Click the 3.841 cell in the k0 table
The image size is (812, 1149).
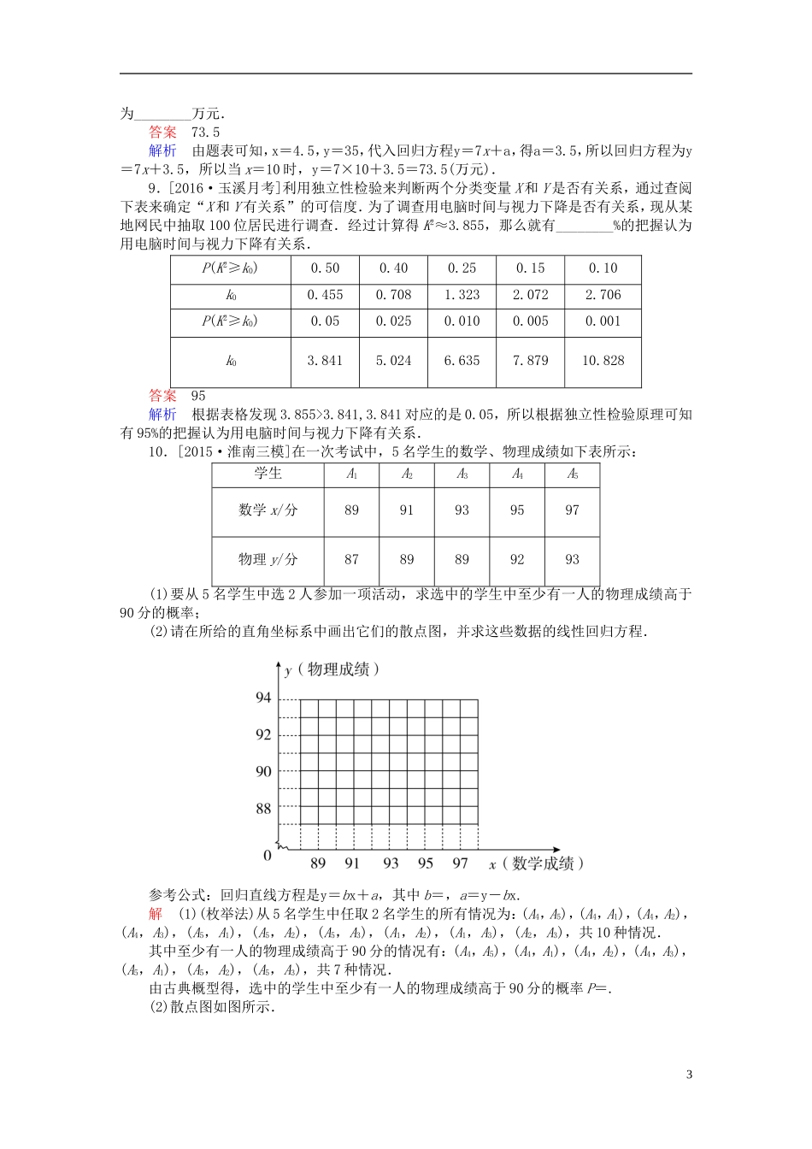pyautogui.click(x=325, y=361)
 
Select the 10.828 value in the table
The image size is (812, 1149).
pyautogui.click(x=603, y=361)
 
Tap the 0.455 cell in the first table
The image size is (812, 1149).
pyautogui.click(x=325, y=295)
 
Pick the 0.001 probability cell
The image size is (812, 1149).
pyautogui.click(x=603, y=321)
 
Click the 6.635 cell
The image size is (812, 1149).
pyautogui.click(x=462, y=361)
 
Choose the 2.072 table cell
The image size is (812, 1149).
pyautogui.click(x=530, y=295)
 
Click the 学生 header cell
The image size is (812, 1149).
pyautogui.click(x=268, y=474)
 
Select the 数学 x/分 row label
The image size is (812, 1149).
pyautogui.click(x=268, y=510)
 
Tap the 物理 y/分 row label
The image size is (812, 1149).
pyautogui.click(x=268, y=560)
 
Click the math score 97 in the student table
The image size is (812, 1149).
pyautogui.click(x=572, y=510)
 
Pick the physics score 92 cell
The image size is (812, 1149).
pyautogui.click(x=517, y=560)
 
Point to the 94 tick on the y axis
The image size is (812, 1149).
pyautogui.click(x=263, y=698)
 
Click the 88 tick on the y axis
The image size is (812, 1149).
pyautogui.click(x=263, y=808)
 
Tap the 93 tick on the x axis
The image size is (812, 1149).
pyautogui.click(x=391, y=863)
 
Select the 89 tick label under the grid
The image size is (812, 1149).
pyautogui.click(x=318, y=863)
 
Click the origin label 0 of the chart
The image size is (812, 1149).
pyautogui.click(x=268, y=855)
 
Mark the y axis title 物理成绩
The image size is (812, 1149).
pyautogui.click(x=338, y=669)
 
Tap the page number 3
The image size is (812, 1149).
pyautogui.click(x=689, y=1075)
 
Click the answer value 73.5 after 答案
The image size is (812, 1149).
pyautogui.click(x=205, y=133)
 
